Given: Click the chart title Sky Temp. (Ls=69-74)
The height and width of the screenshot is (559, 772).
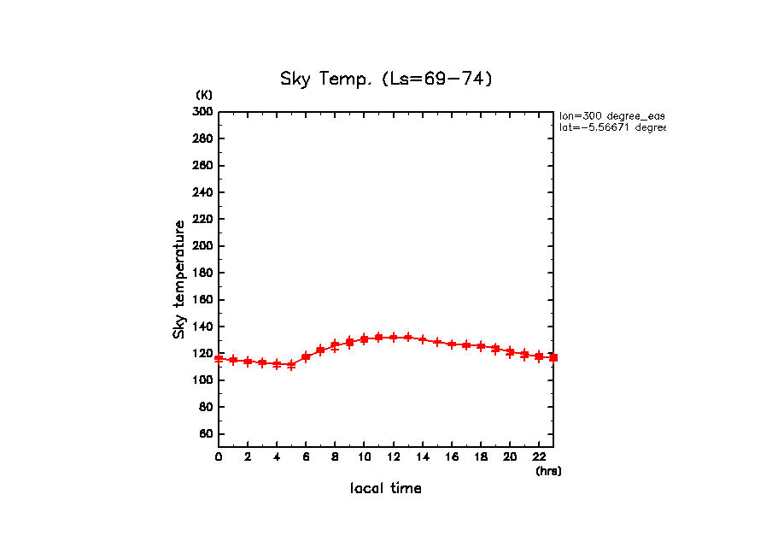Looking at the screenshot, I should [386, 79].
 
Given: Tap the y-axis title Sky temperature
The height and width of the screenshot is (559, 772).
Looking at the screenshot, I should [179, 279].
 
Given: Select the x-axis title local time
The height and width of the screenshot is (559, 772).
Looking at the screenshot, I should [386, 489].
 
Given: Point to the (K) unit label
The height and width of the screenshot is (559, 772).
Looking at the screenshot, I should [204, 94].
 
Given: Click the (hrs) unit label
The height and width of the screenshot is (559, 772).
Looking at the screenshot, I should [548, 471].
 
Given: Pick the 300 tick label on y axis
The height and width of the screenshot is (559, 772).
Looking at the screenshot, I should [203, 112].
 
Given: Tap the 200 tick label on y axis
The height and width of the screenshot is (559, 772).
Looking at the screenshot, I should [203, 246].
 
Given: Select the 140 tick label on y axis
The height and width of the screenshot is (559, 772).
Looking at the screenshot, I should [203, 327].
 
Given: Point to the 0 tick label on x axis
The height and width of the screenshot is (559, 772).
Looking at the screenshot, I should [219, 456].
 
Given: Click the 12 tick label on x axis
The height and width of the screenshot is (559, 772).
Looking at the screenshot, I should [393, 456].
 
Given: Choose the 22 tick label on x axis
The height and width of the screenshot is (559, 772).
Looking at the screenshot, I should [538, 456].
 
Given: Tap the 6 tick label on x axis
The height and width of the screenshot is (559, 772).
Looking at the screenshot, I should [306, 456].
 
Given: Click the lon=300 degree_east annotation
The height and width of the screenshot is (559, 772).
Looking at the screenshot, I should [611, 115].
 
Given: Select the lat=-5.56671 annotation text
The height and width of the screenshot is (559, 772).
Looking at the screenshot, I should [611, 127].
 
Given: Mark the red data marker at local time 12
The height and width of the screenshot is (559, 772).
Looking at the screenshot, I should [393, 337].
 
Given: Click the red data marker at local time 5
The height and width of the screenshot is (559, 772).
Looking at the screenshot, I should [291, 364].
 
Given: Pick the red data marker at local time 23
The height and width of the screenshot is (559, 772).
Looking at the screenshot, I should [553, 357].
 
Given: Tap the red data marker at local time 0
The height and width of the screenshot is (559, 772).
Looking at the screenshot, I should [219, 359].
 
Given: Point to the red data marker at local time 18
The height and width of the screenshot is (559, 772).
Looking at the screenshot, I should [480, 346].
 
